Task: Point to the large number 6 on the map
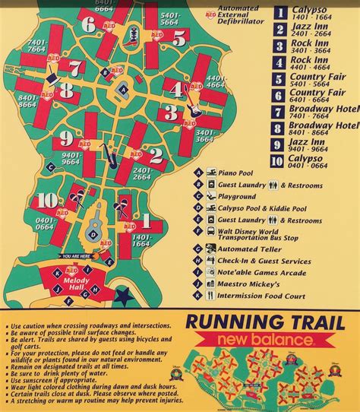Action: (90, 25)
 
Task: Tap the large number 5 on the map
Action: (178, 37)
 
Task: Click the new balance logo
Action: (279, 336)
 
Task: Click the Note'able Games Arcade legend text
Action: (255, 271)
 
